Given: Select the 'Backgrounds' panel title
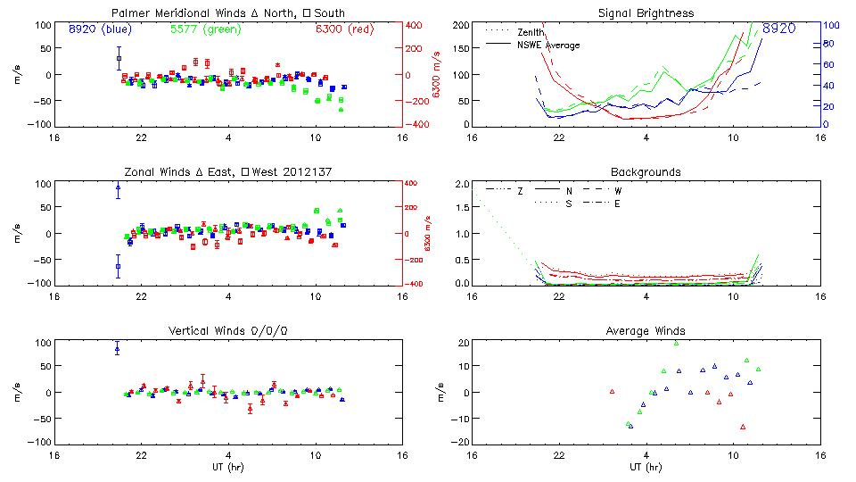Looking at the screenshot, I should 646,171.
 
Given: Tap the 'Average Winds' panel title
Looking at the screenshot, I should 646,331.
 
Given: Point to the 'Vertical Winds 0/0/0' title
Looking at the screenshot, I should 227,331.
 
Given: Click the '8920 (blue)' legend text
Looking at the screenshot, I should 99,29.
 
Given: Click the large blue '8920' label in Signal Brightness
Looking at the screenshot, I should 778,29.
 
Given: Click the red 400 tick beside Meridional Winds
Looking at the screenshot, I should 416,26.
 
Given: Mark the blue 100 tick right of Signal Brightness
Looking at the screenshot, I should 827,26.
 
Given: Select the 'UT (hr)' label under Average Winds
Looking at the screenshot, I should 646,467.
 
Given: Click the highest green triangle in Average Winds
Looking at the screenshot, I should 676,343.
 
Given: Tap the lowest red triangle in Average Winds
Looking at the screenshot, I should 742,427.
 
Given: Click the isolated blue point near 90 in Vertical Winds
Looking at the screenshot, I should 118,349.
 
